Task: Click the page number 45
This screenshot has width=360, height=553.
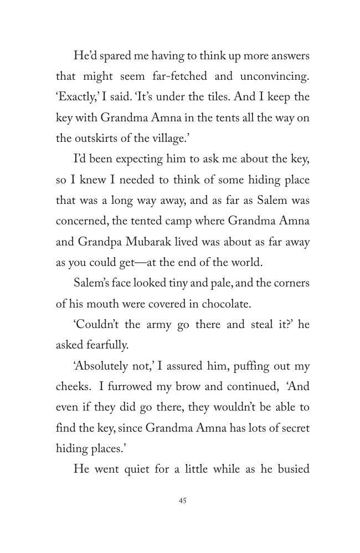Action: pos(183,500)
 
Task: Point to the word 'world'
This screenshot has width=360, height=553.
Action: pos(246,263)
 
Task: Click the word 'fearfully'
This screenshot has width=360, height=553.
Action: pos(107,345)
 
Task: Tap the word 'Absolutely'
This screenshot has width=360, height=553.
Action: pos(102,366)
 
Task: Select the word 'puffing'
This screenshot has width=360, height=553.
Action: pos(251,366)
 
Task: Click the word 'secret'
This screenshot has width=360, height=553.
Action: pos(293,428)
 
